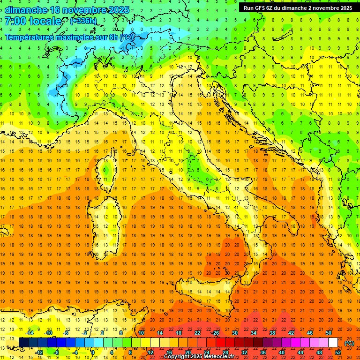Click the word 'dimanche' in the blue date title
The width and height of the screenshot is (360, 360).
(26, 9)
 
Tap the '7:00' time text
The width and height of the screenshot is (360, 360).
(15, 21)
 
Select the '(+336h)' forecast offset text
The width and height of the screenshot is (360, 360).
(83, 21)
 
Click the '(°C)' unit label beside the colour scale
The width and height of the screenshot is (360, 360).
(349, 343)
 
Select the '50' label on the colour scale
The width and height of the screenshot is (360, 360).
(329, 333)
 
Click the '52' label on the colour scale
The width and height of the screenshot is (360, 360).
(338, 352)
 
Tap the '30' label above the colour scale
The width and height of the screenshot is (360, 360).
(235, 333)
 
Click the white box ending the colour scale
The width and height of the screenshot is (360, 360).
(333, 343)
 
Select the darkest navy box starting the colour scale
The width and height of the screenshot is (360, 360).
(23, 343)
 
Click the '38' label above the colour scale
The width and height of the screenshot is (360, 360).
(272, 333)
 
